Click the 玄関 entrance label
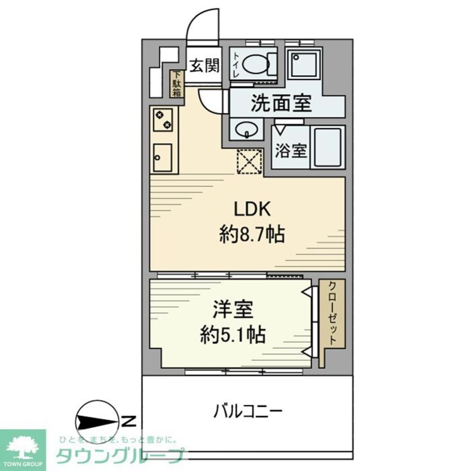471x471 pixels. (x=204, y=66)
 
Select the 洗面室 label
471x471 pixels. (x=281, y=104)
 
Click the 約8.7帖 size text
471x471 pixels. (x=252, y=234)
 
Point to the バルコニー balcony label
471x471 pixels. (x=248, y=412)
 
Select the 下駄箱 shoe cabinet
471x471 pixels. (x=177, y=84)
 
